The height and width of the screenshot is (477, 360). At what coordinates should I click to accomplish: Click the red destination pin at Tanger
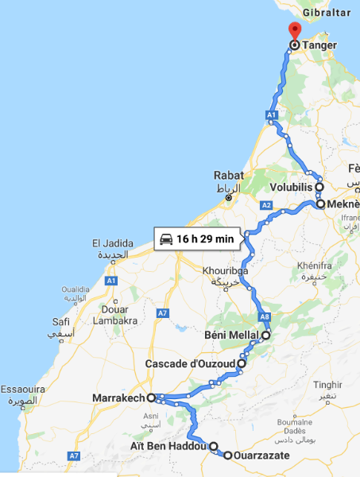click(294, 31)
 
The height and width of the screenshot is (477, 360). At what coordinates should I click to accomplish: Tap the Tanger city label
click(320, 45)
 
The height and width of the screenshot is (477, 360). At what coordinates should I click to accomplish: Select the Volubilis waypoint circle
click(319, 188)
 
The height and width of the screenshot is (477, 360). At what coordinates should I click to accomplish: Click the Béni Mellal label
click(232, 335)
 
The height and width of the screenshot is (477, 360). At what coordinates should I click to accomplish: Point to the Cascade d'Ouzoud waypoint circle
click(241, 363)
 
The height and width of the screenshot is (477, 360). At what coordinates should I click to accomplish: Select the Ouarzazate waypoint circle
click(227, 456)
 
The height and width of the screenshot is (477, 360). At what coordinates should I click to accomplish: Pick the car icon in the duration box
click(166, 238)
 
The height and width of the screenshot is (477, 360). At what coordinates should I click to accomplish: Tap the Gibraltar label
click(327, 14)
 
